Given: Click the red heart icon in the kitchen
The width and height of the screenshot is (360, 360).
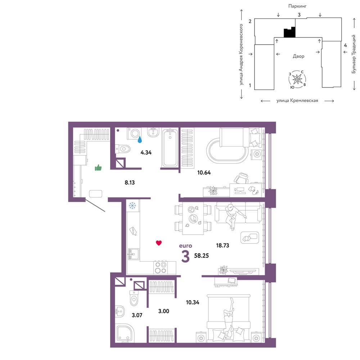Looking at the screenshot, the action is [x=159, y=243].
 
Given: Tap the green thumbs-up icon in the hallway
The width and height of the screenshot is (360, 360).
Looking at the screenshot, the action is [x=98, y=168].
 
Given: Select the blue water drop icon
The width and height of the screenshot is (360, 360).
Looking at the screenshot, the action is [x=140, y=139].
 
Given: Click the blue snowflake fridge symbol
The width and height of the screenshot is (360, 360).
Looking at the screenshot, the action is [x=132, y=206].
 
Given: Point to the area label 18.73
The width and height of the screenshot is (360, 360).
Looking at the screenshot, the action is [x=222, y=246].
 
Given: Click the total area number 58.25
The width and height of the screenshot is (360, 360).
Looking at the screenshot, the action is [x=201, y=256].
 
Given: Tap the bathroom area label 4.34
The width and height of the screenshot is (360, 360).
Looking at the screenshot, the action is [x=146, y=152].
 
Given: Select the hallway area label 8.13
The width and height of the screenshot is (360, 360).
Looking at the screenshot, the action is [x=130, y=183].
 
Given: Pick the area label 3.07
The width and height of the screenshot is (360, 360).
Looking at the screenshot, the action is [x=137, y=315].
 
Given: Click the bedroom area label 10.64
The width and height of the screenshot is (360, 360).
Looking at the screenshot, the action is [x=204, y=172].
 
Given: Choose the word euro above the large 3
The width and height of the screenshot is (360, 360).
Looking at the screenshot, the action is [x=185, y=246].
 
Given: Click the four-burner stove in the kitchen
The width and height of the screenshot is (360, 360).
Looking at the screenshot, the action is [x=161, y=268].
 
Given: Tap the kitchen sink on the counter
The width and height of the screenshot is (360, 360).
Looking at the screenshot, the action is [x=134, y=254].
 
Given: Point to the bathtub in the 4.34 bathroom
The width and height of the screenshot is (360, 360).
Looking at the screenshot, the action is [x=170, y=148].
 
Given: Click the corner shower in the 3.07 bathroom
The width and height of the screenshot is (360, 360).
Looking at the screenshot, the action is [x=125, y=333].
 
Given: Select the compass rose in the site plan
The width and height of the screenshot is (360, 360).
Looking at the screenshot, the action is [x=297, y=79].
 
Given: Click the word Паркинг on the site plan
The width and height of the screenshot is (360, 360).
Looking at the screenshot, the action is [x=297, y=6].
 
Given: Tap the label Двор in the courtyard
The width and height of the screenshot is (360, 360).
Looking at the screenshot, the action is [x=298, y=56].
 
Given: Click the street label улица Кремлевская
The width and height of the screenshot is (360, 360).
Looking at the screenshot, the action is [x=297, y=100].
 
